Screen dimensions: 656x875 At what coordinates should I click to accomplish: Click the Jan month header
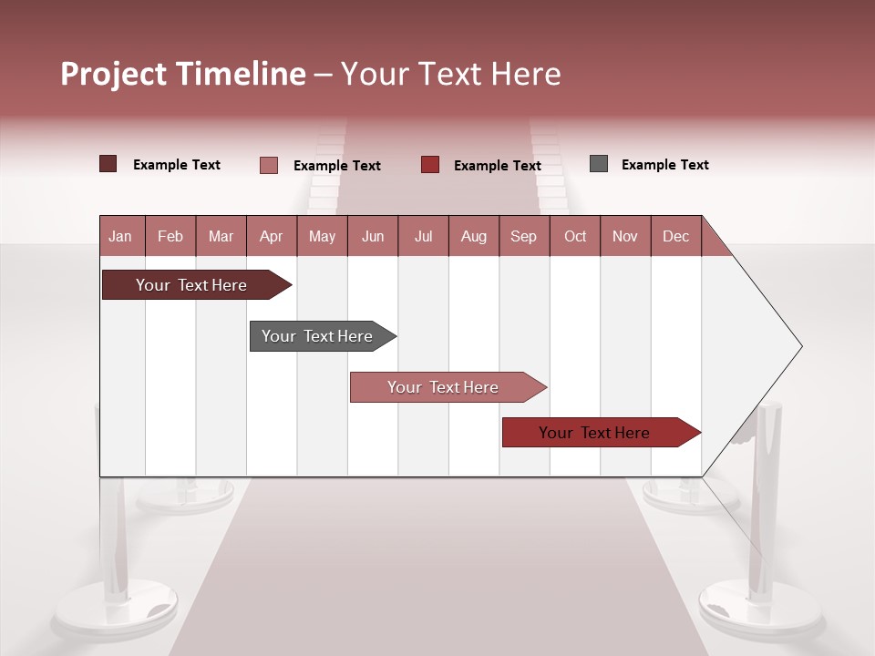pyautogui.click(x=120, y=236)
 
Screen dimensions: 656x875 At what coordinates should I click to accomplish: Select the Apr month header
pyautogui.click(x=271, y=236)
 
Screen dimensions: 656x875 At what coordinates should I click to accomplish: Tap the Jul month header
pyautogui.click(x=423, y=236)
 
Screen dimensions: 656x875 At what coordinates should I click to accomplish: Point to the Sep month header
pyautogui.click(x=523, y=236)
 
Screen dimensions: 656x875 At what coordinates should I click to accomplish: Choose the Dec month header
pyautogui.click(x=675, y=236)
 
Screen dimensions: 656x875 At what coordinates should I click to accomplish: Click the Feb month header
pyautogui.click(x=170, y=236)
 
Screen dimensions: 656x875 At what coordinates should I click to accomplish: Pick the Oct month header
pyautogui.click(x=575, y=236)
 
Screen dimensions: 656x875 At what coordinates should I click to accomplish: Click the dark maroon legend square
pyautogui.click(x=108, y=164)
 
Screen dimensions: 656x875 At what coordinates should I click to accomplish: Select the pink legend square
pyautogui.click(x=268, y=165)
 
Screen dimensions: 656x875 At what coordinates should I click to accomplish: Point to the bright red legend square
pyautogui.click(x=430, y=165)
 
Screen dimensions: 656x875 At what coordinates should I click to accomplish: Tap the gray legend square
pyautogui.click(x=599, y=164)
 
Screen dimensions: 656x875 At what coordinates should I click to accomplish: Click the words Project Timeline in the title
pyautogui.click(x=182, y=74)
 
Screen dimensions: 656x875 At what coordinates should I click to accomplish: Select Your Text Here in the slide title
pyautogui.click(x=451, y=74)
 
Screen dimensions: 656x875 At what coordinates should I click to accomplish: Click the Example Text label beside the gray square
pyautogui.click(x=664, y=165)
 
